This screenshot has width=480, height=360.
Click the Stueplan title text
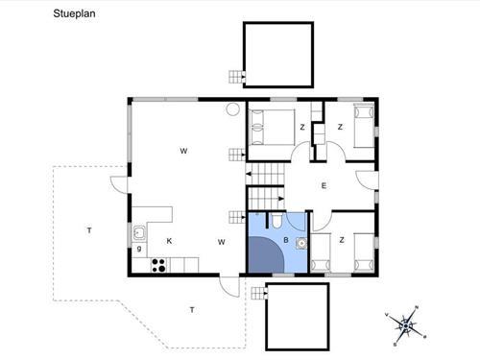pos(74,13)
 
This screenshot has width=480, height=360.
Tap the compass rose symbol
pos(406,326)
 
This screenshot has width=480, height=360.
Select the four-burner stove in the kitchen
pos(158,265)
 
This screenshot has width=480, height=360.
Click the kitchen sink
pos(139,233)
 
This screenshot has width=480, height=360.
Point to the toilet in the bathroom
pos(276,221)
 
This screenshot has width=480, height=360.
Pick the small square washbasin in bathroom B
pos(301,244)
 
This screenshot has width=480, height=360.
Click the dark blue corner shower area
pos(265,255)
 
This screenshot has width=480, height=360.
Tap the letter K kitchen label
pos(169,241)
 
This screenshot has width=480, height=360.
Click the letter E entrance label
pos(324,185)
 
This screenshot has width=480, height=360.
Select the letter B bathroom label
pos(286,240)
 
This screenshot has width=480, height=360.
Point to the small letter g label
pos(139,249)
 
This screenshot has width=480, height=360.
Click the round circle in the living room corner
pos(233,109)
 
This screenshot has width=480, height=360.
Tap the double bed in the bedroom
pos(272,128)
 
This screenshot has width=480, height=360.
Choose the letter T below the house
pos(192,310)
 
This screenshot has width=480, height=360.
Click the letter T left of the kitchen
pos(89,230)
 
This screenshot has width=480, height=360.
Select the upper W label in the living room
pos(183,151)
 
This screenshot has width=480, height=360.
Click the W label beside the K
pos(222,242)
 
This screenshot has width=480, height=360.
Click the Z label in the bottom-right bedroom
pos(342,240)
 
